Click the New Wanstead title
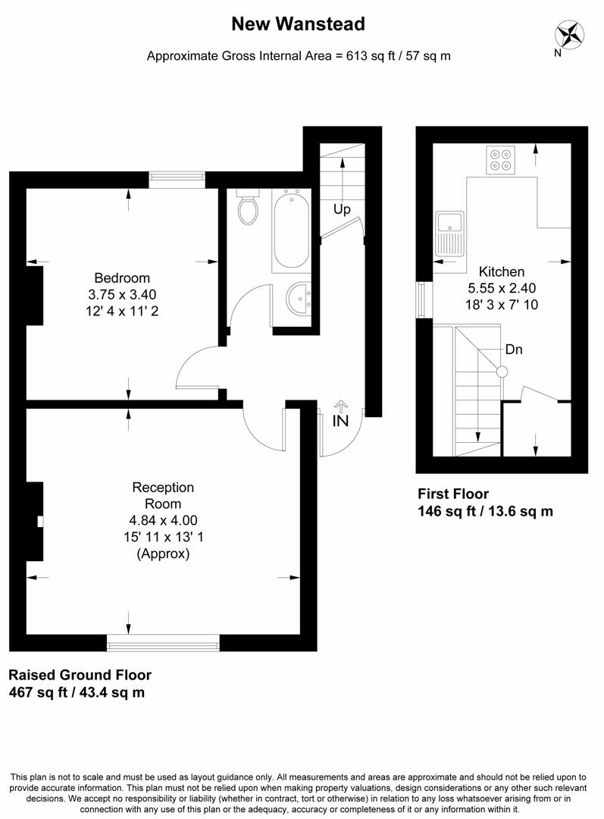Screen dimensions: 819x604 pyautogui.click(x=298, y=24)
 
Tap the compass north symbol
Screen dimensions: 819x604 pyautogui.click(x=571, y=35)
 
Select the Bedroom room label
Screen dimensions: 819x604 pyautogui.click(x=122, y=278)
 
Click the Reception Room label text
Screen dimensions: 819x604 pyautogui.click(x=163, y=495)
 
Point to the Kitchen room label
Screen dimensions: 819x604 pyautogui.click(x=502, y=271)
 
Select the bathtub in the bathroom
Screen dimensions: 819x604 pyautogui.click(x=291, y=231)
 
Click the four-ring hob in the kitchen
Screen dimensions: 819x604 pyautogui.click(x=500, y=160)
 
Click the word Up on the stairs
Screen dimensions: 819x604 pyautogui.click(x=342, y=209)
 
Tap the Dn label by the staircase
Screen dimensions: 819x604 pyautogui.click(x=514, y=350)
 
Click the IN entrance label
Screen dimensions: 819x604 pyautogui.click(x=340, y=420)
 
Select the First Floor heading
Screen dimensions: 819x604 pyautogui.click(x=453, y=494)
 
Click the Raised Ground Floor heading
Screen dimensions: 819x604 pyautogui.click(x=80, y=675)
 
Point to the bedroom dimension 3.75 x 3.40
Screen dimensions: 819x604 pyautogui.click(x=122, y=294)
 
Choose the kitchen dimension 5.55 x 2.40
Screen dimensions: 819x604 pyautogui.click(x=502, y=288)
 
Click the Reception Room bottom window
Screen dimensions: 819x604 pyautogui.click(x=163, y=645)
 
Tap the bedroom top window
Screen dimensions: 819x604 pyautogui.click(x=177, y=179)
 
